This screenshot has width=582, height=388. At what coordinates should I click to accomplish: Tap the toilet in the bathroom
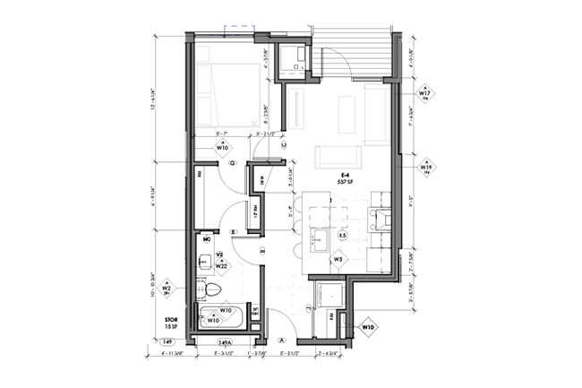(210, 289)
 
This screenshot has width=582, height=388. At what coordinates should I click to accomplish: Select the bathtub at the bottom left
(219, 316)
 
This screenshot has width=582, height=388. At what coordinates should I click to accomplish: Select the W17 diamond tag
(425, 92)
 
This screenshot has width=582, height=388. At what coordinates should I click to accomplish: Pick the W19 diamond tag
(426, 167)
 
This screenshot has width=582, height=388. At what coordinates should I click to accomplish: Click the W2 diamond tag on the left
(167, 289)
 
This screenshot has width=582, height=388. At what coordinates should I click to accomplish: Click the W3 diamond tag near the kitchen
(338, 259)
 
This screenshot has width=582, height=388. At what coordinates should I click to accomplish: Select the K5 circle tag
(342, 236)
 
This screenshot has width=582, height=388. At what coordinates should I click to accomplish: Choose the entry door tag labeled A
(281, 340)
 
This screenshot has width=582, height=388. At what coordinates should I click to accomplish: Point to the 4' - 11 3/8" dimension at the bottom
(169, 354)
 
